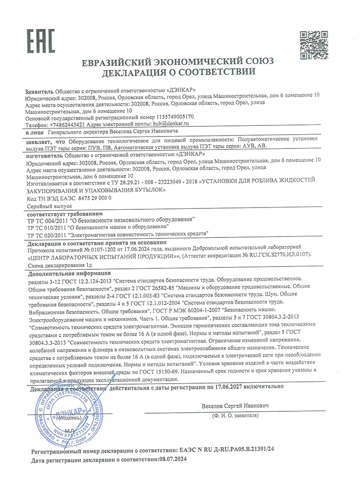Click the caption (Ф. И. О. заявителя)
coord(235,415)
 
